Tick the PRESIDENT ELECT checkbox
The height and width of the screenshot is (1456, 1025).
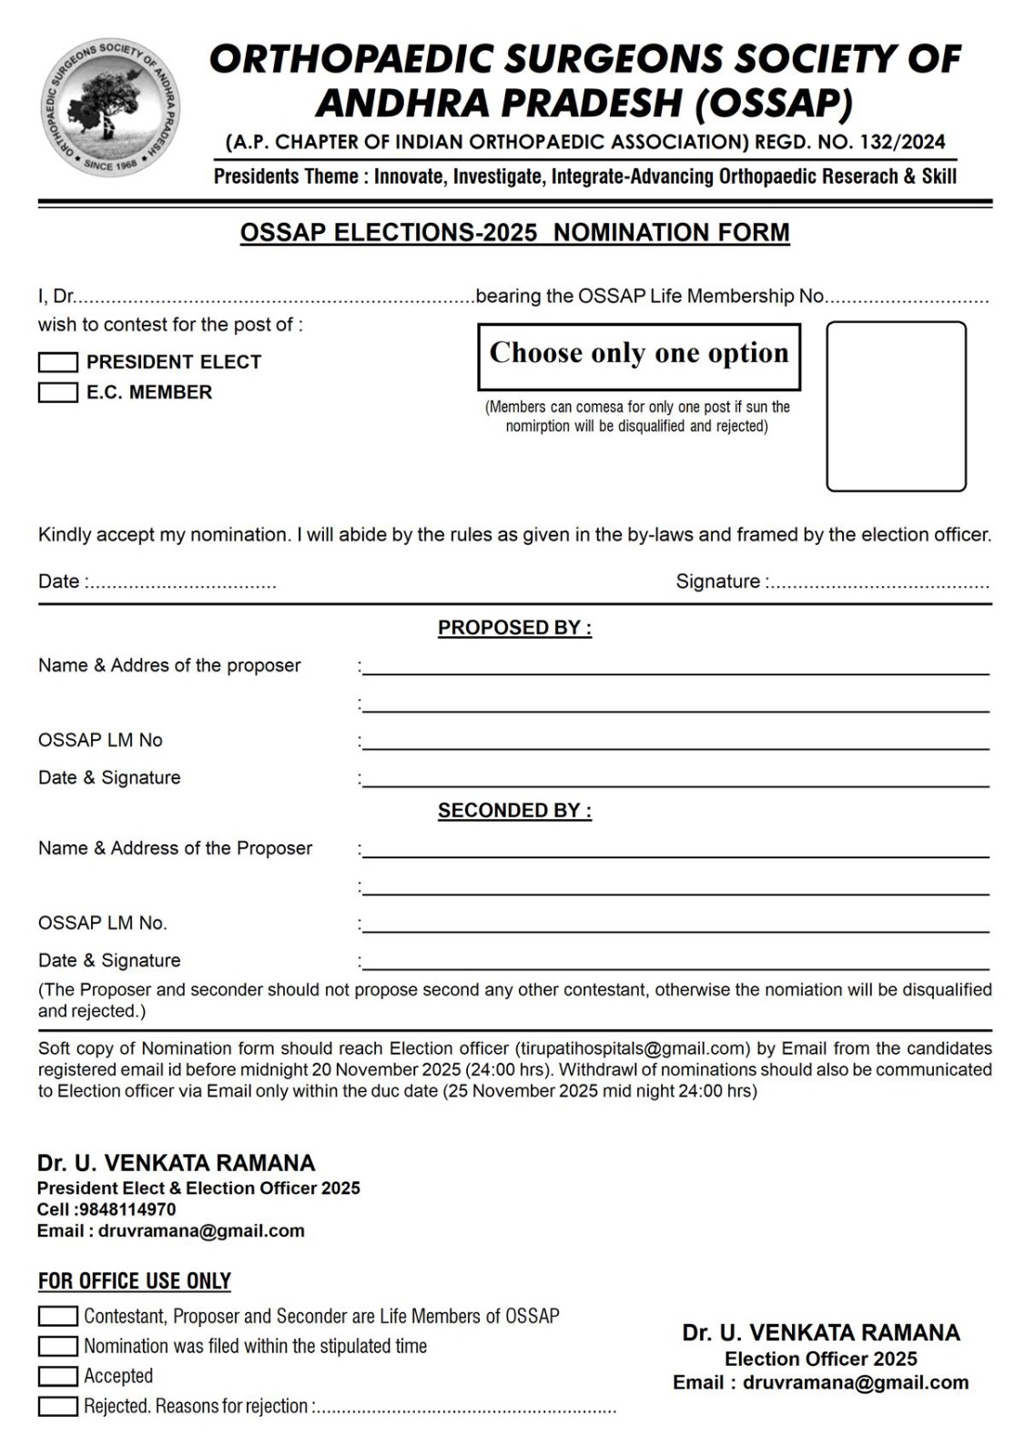(x=58, y=362)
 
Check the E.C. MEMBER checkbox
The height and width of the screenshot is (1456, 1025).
(x=58, y=393)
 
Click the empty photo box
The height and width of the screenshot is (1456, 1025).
(x=896, y=406)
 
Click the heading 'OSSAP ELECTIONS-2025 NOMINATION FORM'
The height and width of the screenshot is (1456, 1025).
(x=514, y=233)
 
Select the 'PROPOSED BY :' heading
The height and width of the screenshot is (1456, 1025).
(x=514, y=628)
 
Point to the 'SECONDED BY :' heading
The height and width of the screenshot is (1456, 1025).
(x=514, y=811)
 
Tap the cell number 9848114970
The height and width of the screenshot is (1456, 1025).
(x=127, y=1209)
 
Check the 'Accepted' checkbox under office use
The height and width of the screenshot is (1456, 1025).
(x=58, y=1376)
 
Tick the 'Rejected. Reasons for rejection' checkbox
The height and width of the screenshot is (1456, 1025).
(x=58, y=1406)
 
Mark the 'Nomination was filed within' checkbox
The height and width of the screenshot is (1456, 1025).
(x=58, y=1346)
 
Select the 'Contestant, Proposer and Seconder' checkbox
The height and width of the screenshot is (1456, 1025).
(x=58, y=1316)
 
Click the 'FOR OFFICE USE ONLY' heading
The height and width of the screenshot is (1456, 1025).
(x=135, y=1281)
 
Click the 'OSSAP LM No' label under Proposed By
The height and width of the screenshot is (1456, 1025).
(x=100, y=740)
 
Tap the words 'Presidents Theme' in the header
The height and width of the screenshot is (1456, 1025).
(x=286, y=177)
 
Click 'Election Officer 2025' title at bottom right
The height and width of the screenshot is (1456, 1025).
(x=820, y=1359)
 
